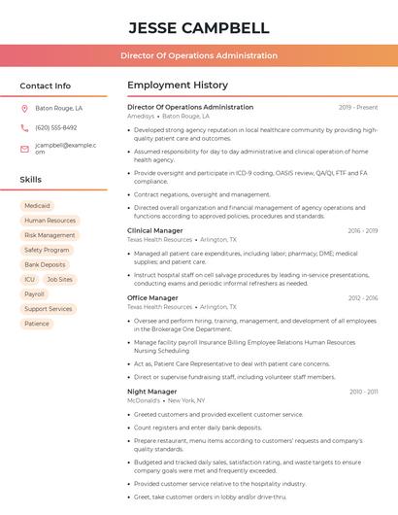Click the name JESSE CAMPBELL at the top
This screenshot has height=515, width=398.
click(198, 27)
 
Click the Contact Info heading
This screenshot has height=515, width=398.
click(45, 86)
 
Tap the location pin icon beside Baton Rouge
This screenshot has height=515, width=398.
click(24, 109)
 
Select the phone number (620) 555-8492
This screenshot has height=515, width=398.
click(56, 127)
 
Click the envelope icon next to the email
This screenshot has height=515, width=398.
click(24, 148)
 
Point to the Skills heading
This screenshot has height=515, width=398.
click(31, 180)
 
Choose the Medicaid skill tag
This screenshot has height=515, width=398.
click(37, 206)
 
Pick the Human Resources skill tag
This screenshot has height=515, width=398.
click(50, 221)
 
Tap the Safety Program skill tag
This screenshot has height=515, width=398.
click(47, 250)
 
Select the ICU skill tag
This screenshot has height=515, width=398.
click(29, 279)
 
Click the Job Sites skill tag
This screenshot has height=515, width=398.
click(59, 279)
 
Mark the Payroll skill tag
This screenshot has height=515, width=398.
click(34, 293)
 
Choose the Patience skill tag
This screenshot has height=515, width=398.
click(37, 324)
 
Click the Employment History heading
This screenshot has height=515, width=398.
click(178, 86)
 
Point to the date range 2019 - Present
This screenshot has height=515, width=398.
click(358, 107)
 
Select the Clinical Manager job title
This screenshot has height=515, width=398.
click(154, 230)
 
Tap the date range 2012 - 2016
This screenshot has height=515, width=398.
click(362, 298)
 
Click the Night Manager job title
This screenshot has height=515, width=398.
click(151, 392)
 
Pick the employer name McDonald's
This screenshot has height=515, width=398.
click(144, 400)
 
